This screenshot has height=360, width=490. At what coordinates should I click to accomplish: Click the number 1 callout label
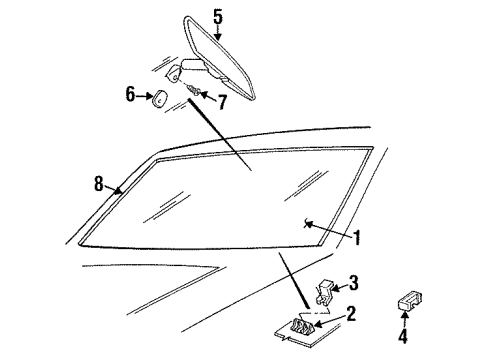click(x=355, y=238)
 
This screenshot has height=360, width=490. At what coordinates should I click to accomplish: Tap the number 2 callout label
click(x=351, y=313)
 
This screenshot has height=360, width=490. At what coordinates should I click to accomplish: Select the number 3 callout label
click(x=353, y=281)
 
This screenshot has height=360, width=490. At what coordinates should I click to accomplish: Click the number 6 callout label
click(x=129, y=94)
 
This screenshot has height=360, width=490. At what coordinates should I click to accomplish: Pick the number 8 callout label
click(x=98, y=183)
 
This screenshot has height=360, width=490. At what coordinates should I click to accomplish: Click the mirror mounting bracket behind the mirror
click(x=177, y=72)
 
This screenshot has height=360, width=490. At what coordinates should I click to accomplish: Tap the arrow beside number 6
click(x=142, y=95)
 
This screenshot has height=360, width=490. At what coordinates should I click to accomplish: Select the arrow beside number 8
click(x=115, y=188)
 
